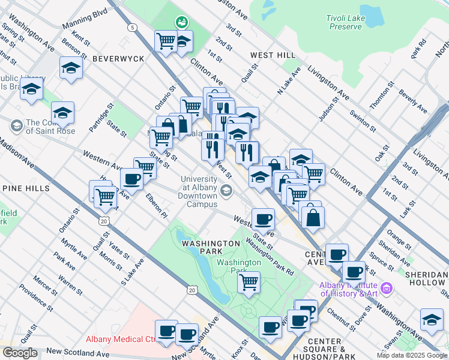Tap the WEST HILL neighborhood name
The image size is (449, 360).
(273, 55)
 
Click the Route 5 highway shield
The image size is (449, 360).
(131, 27)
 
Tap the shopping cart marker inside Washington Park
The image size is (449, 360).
(249, 281)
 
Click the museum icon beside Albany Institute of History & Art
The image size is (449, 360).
(386, 289)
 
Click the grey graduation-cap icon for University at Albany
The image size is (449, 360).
(226, 191)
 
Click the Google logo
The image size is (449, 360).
(19, 353)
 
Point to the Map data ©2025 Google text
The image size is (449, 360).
(412, 355)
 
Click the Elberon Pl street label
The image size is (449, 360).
(155, 206)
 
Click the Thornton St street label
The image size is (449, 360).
(380, 98)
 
